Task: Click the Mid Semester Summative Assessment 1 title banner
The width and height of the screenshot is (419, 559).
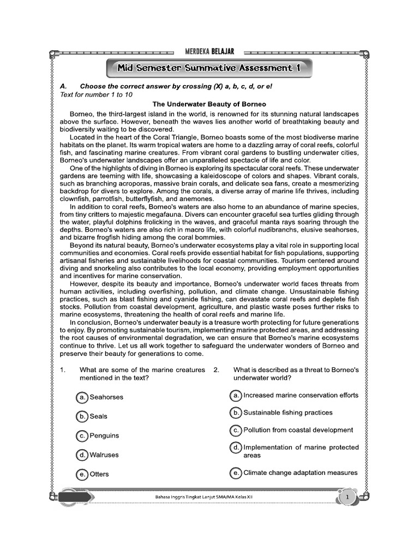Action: [209, 68]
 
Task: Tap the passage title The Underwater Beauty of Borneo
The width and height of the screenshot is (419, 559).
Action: [209, 104]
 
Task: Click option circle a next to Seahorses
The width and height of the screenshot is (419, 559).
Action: [82, 397]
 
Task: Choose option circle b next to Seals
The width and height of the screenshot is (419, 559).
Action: [82, 417]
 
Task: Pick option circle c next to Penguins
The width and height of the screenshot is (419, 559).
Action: [82, 436]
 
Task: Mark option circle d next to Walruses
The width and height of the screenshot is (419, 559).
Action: [82, 455]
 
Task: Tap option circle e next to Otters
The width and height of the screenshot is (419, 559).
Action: [82, 474]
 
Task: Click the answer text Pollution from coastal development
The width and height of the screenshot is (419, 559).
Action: [298, 430]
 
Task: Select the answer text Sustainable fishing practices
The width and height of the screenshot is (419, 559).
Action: [288, 413]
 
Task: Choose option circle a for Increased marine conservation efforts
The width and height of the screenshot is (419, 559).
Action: [236, 395]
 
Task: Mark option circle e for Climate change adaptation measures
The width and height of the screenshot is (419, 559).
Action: [236, 473]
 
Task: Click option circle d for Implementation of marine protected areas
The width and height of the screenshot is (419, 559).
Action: [236, 448]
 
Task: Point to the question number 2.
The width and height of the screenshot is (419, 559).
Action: [217, 370]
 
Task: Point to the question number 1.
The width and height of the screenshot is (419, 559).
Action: [63, 370]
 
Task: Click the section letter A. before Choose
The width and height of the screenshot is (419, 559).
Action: [63, 86]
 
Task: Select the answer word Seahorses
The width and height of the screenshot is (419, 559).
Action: [106, 397]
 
